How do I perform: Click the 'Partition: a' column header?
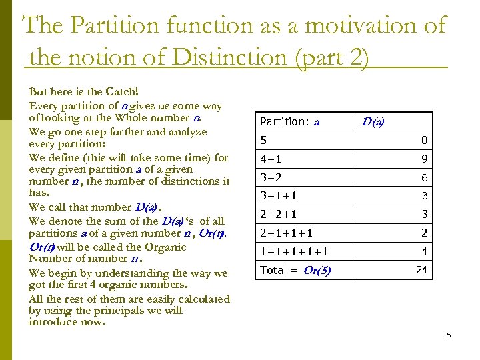coord(289,122)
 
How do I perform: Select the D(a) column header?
coord(373,121)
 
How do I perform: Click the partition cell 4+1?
coord(271,159)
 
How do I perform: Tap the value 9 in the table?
coord(424,159)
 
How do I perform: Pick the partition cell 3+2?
coord(271,178)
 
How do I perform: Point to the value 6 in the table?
coord(424,178)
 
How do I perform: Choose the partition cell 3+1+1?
coord(278,196)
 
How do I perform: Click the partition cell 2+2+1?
coord(278,215)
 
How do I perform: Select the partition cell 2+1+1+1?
coord(286,233)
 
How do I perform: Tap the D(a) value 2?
coord(424,233)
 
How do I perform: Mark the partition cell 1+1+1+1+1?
coord(293,252)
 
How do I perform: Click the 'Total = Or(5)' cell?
coord(295,270)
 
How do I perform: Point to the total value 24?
coord(421,270)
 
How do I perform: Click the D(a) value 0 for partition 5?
coord(424,141)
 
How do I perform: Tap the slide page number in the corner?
coord(449,335)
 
